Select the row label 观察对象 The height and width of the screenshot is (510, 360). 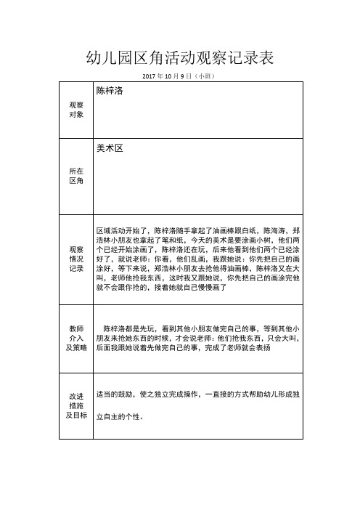(75, 110)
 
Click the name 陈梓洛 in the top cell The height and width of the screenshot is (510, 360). (112, 92)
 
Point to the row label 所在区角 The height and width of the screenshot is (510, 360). (75, 175)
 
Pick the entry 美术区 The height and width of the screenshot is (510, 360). (110, 147)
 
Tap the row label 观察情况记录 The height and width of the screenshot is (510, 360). (75, 259)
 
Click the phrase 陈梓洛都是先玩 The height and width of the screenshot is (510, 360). (129, 328)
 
